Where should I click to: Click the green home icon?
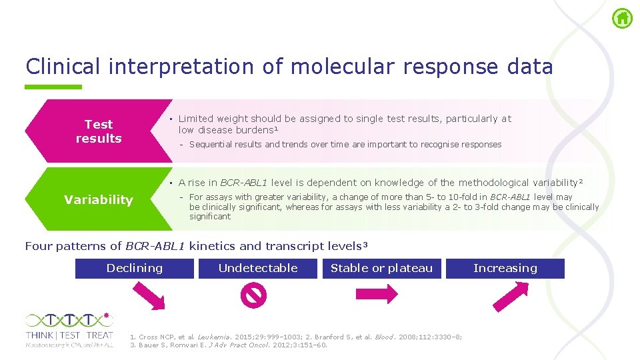(622, 18)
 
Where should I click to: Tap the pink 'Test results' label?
(99, 131)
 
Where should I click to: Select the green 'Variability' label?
(99, 199)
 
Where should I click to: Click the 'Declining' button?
(135, 268)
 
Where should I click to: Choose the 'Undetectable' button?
(258, 268)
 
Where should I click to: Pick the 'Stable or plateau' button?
(381, 268)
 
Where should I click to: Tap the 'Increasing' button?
(505, 268)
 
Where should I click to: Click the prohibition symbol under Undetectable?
(255, 294)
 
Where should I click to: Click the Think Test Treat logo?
(69, 329)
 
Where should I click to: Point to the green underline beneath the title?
(53, 87)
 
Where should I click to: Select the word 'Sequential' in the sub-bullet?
(209, 144)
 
